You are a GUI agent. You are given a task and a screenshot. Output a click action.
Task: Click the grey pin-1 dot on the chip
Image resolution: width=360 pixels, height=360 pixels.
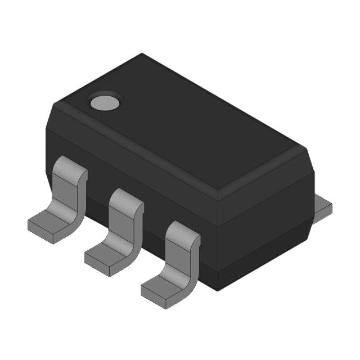(x=105, y=101)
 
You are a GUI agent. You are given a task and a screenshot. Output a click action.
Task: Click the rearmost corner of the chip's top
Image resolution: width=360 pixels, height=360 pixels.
(x=142, y=55)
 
